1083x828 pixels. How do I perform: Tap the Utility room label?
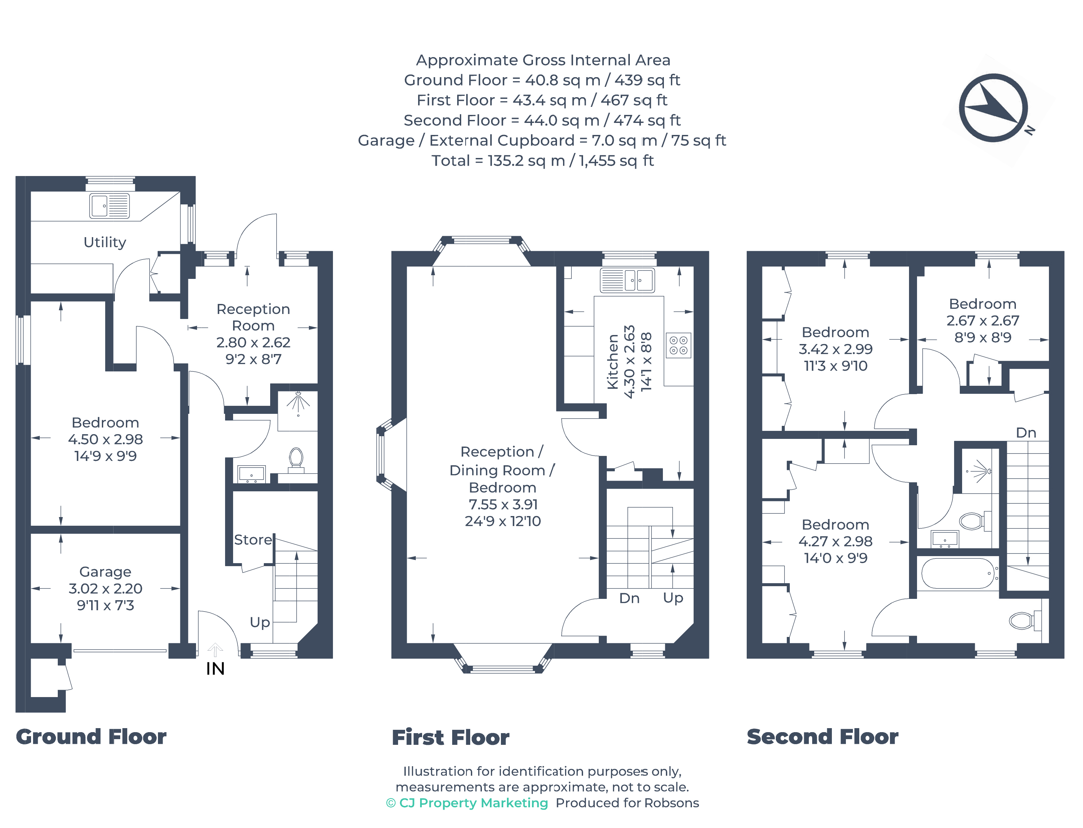pyautogui.click(x=105, y=242)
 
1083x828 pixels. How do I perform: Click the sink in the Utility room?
pyautogui.click(x=110, y=205)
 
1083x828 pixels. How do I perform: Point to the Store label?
pyautogui.click(x=253, y=540)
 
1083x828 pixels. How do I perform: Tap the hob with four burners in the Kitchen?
pyautogui.click(x=678, y=345)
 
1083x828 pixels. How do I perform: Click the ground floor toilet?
pyautogui.click(x=296, y=458)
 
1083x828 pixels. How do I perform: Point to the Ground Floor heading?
pyautogui.click(x=91, y=737)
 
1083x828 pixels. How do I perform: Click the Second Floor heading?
pyautogui.click(x=822, y=737)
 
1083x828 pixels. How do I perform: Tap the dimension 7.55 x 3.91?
pyautogui.click(x=503, y=504)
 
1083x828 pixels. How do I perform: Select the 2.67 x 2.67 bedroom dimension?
pyautogui.click(x=982, y=320)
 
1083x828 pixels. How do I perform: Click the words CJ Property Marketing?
pyautogui.click(x=474, y=803)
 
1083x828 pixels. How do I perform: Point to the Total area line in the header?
pyautogui.click(x=542, y=161)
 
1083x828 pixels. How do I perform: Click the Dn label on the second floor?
pyautogui.click(x=1026, y=433)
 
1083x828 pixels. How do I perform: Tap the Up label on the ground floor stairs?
pyautogui.click(x=260, y=623)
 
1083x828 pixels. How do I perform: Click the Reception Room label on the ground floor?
pyautogui.click(x=253, y=317)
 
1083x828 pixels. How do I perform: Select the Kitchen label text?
pyautogui.click(x=612, y=362)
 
